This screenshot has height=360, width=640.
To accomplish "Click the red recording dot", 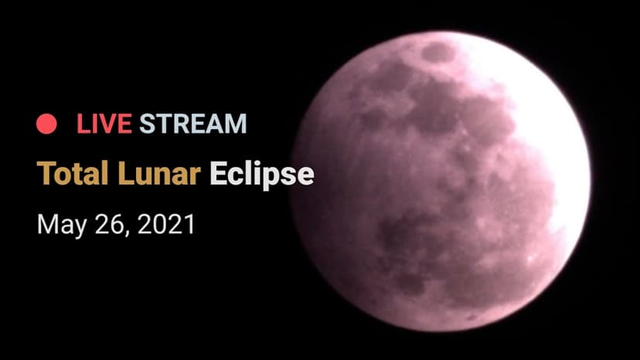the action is click(46, 124).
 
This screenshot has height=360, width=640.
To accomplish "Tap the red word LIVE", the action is click(104, 124).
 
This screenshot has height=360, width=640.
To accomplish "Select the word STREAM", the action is click(193, 124).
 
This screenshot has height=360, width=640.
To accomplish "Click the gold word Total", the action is click(72, 173).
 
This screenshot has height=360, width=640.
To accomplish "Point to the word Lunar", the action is click(159, 173).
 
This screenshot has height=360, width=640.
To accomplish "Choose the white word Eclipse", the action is click(262, 175).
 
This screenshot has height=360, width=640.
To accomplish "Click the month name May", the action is click(62, 225).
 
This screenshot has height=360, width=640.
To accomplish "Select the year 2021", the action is click(165, 224).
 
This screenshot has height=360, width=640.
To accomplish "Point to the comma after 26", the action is click(126, 233).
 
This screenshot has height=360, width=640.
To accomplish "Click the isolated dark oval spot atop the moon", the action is click(438, 53).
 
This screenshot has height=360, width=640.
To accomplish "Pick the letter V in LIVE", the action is click(104, 124).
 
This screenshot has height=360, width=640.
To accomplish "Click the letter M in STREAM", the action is click(237, 124).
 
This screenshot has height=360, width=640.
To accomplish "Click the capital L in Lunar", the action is click(126, 173).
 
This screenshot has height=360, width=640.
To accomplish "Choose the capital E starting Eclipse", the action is click(219, 173).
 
